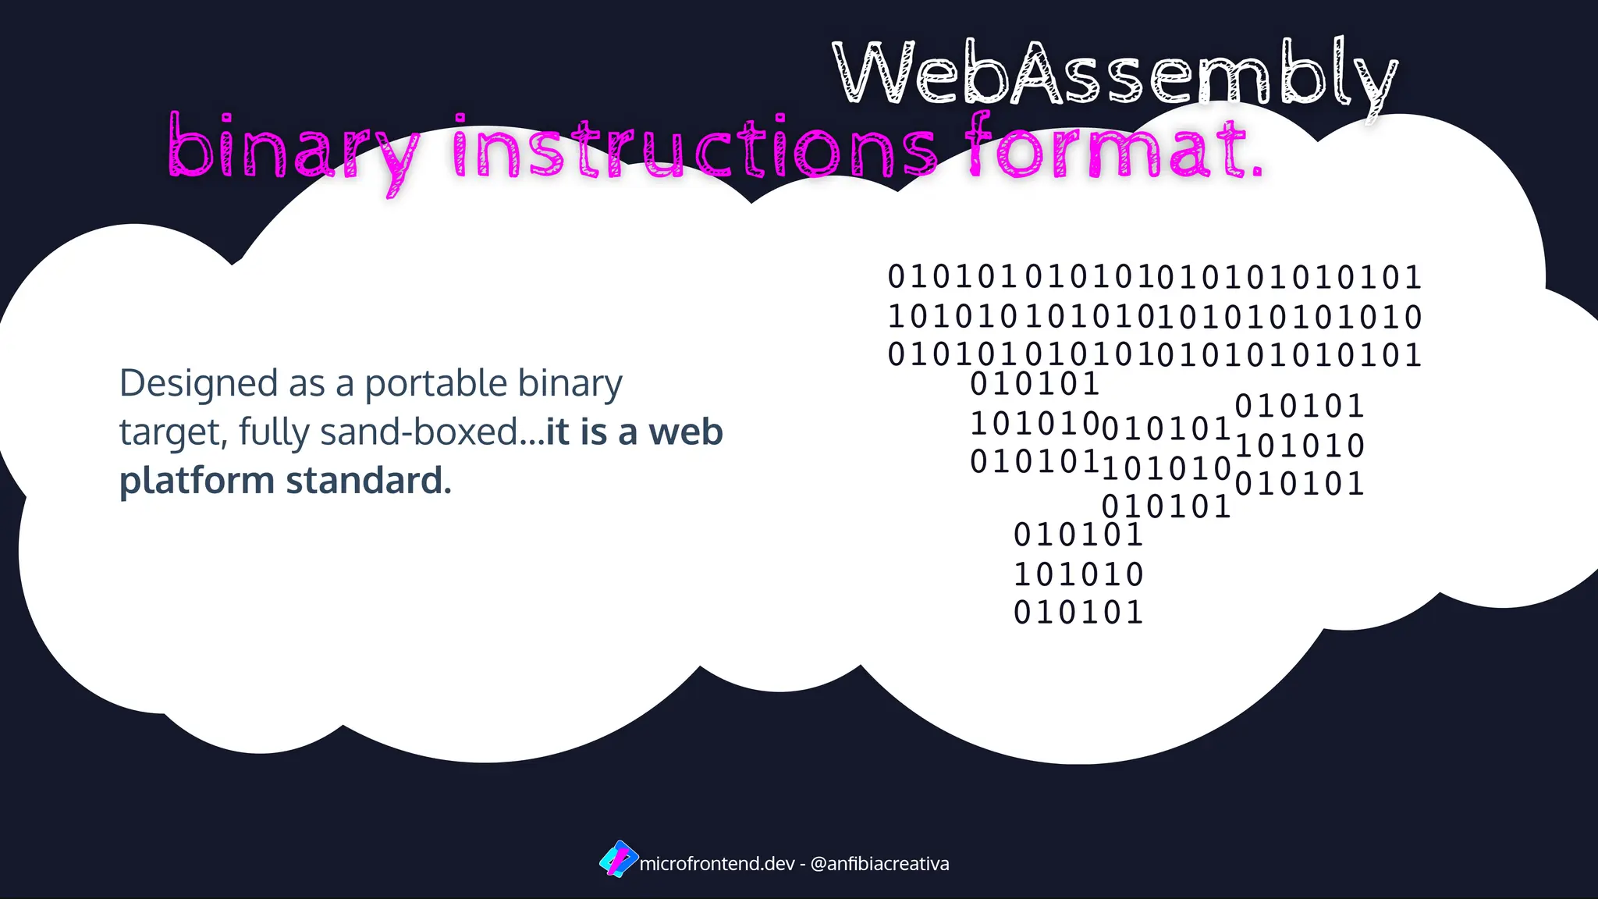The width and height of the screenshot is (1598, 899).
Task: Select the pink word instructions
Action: [x=694, y=148]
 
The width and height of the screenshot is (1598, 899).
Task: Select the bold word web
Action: [x=686, y=432]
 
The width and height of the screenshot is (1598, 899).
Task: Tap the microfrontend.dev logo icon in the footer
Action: [x=618, y=859]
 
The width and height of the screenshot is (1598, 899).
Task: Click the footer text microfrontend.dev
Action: [x=716, y=864]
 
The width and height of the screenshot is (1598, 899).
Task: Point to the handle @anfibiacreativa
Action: [x=879, y=864]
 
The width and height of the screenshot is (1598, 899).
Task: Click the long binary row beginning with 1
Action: [x=1155, y=317]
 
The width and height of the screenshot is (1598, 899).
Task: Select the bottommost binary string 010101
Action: [x=1078, y=613]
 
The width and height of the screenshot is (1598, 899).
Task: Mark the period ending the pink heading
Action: [x=1256, y=170]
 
